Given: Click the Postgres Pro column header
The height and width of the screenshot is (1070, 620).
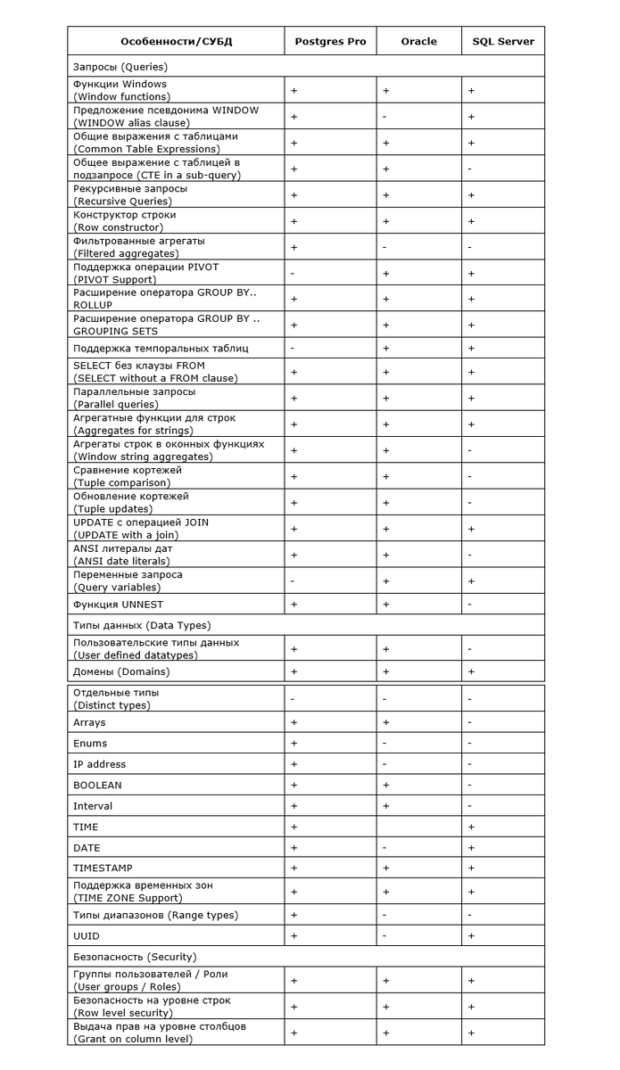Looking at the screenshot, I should click(329, 42).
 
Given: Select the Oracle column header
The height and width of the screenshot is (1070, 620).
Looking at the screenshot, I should click(418, 42).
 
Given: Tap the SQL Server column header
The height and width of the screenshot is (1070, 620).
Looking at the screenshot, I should click(503, 42).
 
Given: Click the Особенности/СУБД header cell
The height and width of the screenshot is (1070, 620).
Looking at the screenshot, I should click(177, 42).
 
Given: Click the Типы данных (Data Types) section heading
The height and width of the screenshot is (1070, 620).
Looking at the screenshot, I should click(142, 625).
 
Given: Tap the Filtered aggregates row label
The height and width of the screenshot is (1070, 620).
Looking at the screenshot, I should click(139, 247).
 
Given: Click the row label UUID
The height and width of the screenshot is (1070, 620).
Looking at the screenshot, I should click(87, 936).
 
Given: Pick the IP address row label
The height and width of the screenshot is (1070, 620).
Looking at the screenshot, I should click(99, 764).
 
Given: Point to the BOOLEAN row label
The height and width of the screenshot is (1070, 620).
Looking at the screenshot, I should click(97, 786).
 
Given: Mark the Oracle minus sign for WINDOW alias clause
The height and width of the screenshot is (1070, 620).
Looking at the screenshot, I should click(384, 117).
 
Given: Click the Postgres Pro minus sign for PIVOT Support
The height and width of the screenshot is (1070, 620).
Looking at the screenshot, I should click(293, 274).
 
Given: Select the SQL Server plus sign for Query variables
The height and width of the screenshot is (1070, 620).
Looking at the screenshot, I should click(470, 581).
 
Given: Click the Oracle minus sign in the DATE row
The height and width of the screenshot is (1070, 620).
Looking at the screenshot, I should click(384, 848).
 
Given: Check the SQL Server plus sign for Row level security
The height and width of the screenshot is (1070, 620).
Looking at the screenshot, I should click(470, 1007).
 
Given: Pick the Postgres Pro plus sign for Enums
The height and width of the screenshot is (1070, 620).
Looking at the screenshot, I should click(293, 744).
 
